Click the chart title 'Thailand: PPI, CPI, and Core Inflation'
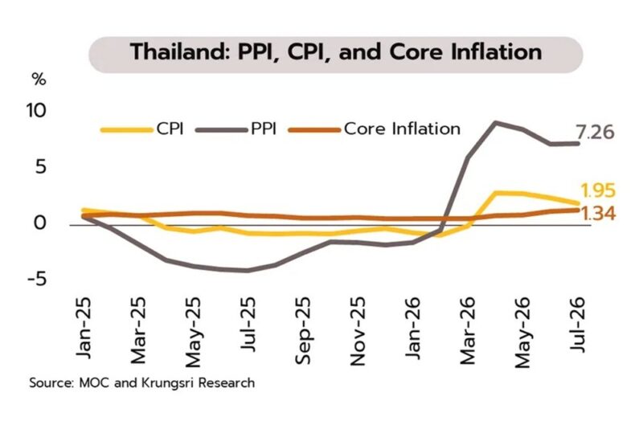pos(336,52)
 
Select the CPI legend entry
pos(142,129)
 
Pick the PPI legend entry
pos(236,129)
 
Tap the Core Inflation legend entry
pos(375,129)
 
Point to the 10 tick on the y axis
pos(36,110)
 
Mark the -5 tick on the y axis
pos(37,280)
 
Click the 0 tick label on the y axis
pos(40,223)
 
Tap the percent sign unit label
pos(39,80)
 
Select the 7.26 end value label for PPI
pos(595,133)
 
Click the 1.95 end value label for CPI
pos(598,190)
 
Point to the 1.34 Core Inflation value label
pos(598,214)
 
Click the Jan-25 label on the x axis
pos(84,328)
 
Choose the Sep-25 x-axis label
pos(303,330)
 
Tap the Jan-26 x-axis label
pos(413,328)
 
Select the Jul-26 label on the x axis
pos(577,324)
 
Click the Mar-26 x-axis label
pos(468,330)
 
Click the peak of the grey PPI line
pos(496,122)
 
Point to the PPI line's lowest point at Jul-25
pos(247,271)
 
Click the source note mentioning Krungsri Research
pos(142,383)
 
